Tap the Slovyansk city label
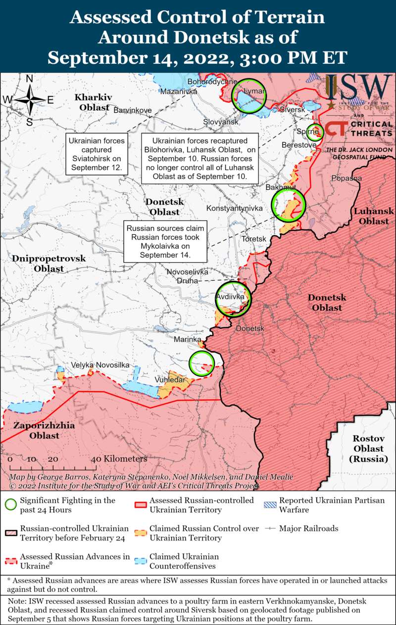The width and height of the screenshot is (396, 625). [221, 122]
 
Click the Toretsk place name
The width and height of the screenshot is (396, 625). [254, 239]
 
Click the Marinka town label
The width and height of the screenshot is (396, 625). [187, 340]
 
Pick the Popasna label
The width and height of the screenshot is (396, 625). [347, 178]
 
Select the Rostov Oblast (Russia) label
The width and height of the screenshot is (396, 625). [368, 448]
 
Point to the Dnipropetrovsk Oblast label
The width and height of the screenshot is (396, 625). [49, 263]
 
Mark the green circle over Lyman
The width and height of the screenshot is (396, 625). [249, 95]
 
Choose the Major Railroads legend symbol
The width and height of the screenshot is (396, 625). [270, 529]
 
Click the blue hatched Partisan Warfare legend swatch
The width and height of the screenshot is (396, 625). [270, 500]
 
